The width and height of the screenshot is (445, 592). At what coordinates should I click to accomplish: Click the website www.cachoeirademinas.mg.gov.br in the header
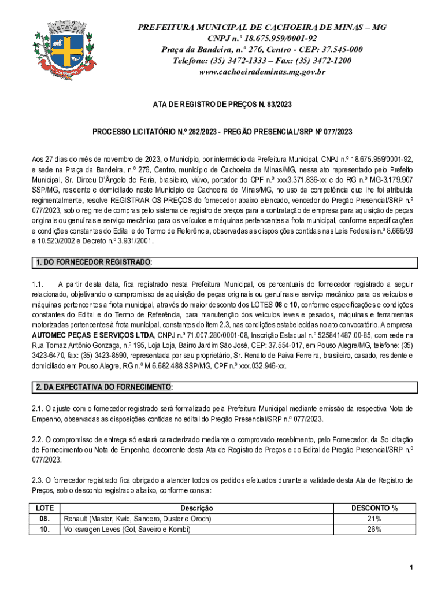[262, 72]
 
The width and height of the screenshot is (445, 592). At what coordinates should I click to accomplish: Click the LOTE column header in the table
[45, 508]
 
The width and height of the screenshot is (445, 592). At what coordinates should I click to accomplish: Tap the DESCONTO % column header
[374, 508]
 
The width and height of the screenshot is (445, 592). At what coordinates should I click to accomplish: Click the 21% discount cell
[374, 519]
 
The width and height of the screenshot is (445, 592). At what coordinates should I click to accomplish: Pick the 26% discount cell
[374, 528]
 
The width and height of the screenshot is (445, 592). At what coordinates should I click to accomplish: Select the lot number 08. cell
[45, 519]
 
